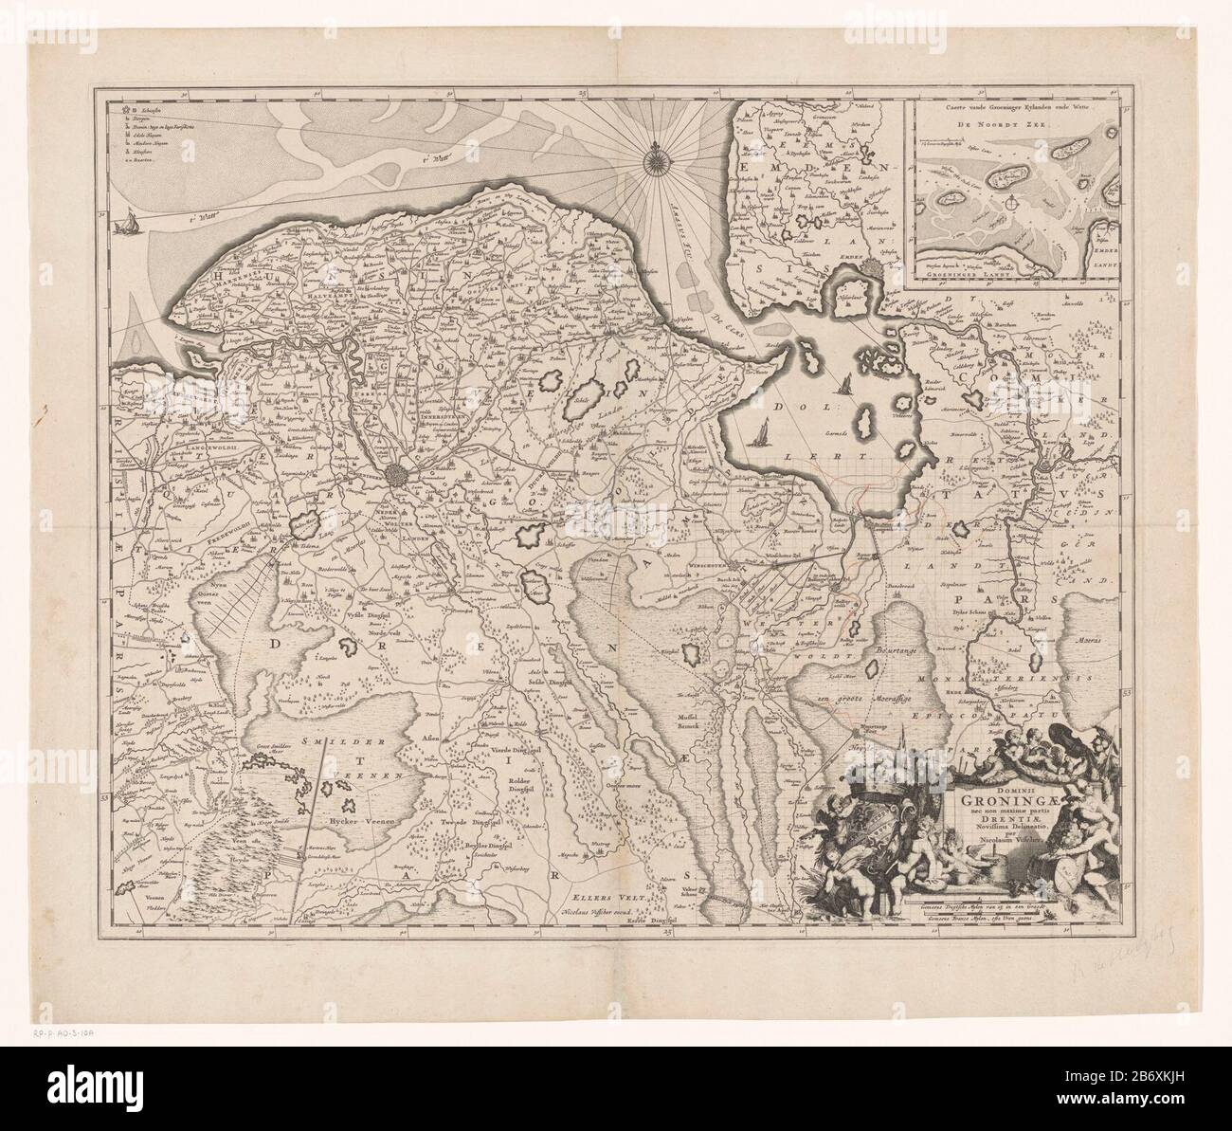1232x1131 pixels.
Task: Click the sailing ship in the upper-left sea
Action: (124, 225)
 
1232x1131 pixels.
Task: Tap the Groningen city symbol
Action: (400, 475)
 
